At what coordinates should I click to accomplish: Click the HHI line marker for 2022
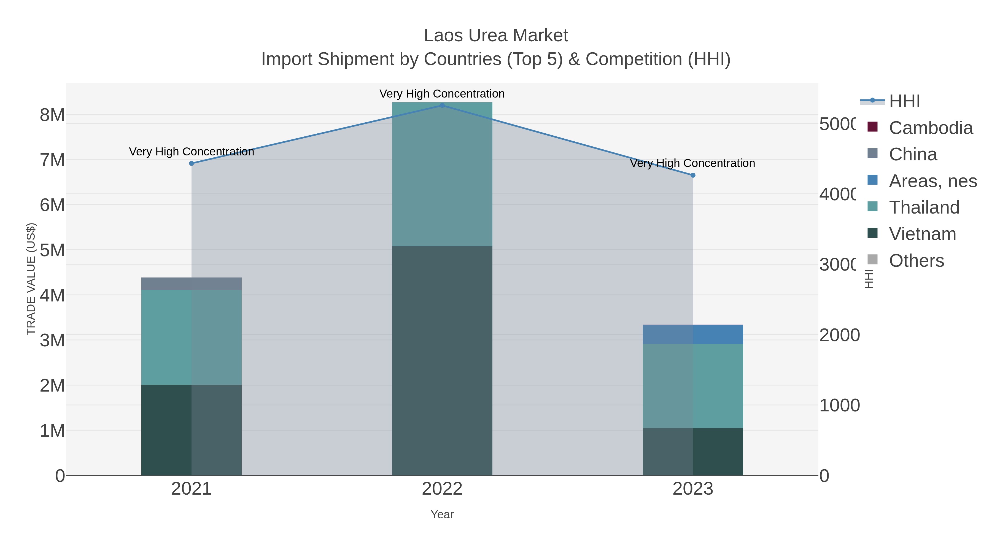[442, 105]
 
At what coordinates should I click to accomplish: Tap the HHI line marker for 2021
[192, 163]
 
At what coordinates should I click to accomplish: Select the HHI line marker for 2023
[693, 175]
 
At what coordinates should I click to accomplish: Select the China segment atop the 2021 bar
[192, 284]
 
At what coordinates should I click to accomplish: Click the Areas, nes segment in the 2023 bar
[693, 334]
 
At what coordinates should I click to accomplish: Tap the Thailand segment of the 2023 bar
[693, 386]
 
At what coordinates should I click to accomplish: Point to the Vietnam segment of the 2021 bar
[192, 429]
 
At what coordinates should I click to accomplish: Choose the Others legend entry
[916, 261]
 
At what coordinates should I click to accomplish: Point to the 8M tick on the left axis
[52, 115]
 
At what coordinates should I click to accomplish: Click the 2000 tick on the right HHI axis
[839, 335]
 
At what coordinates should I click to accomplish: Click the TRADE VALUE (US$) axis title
[31, 279]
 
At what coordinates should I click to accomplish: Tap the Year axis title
[442, 514]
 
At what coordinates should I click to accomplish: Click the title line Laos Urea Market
[496, 36]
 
